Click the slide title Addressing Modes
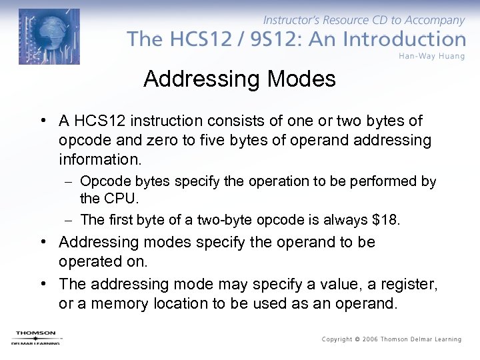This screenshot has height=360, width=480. point(239,79)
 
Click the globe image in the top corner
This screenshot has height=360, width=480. point(49,37)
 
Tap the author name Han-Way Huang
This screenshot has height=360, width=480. point(432,55)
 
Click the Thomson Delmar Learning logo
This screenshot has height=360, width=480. point(35,337)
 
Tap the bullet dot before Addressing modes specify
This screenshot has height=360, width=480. point(42,242)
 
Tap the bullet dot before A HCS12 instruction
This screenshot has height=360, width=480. point(42,121)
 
